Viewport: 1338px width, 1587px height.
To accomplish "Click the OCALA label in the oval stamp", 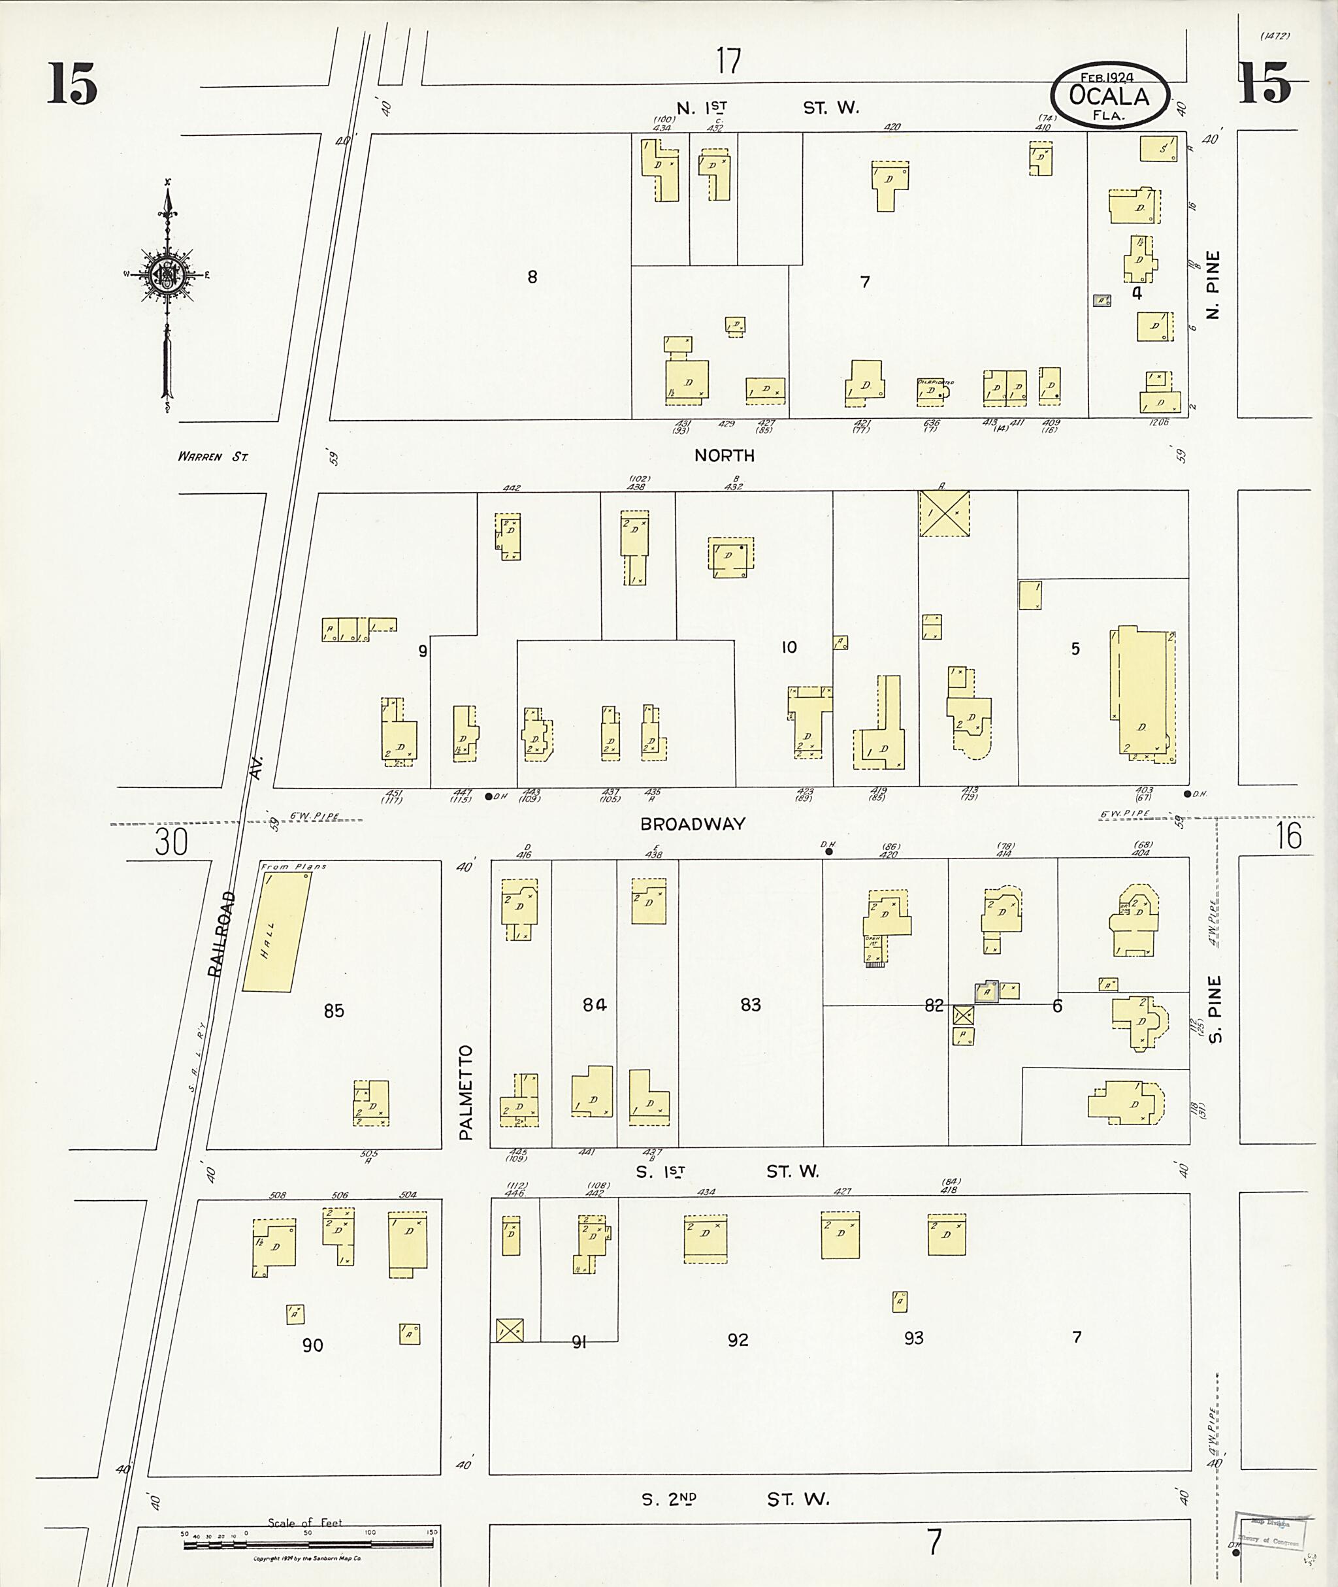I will [1108, 96].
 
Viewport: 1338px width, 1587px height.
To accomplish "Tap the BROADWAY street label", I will [692, 824].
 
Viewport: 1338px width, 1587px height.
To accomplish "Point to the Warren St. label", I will [212, 457].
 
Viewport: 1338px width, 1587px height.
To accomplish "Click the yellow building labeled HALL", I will [276, 932].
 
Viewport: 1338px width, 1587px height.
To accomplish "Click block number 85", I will [334, 1011].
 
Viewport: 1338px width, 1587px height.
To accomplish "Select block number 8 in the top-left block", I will [532, 277].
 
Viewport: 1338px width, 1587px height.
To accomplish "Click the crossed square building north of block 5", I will [943, 514].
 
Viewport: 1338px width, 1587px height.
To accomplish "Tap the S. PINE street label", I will [1215, 1009].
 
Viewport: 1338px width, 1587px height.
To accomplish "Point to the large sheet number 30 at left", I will [171, 842].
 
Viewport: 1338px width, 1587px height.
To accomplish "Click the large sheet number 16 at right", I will [1288, 836].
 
